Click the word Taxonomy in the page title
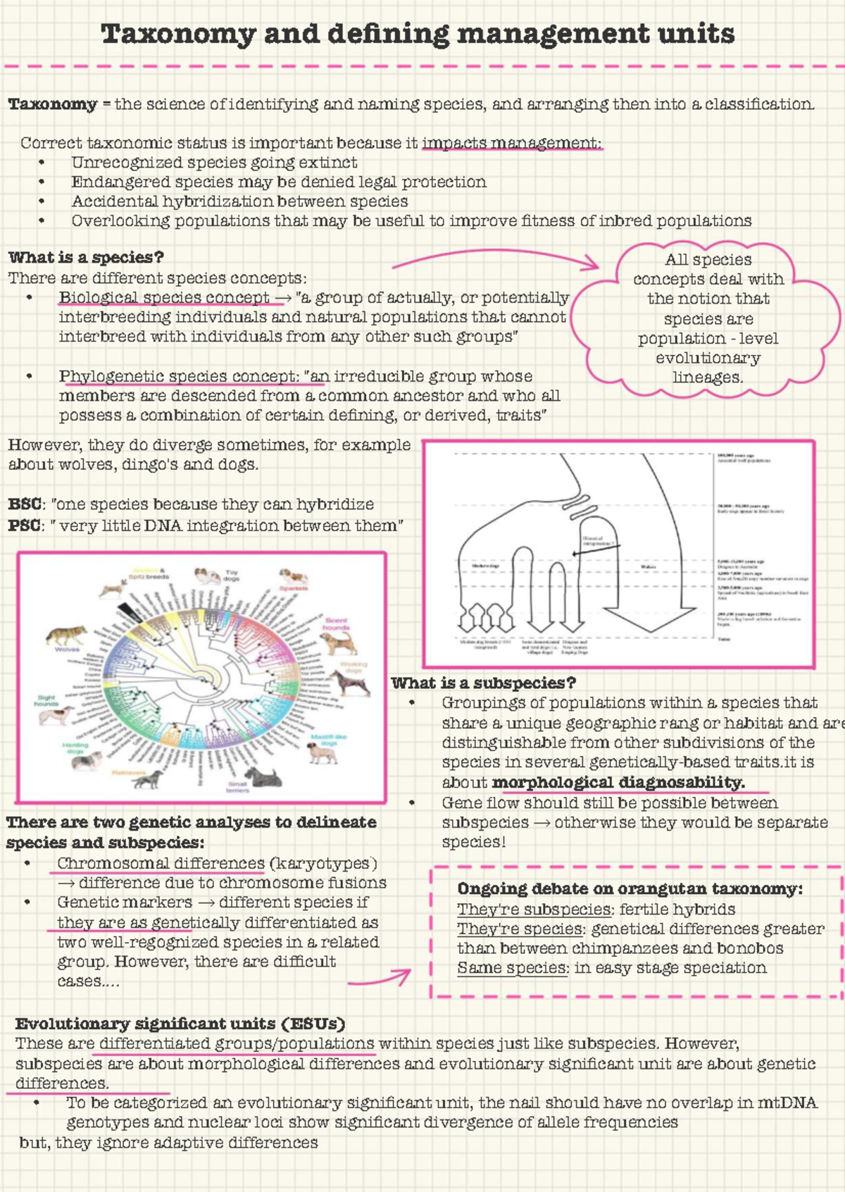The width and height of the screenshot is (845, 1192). (x=178, y=34)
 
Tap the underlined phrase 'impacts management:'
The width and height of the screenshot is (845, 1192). (x=512, y=143)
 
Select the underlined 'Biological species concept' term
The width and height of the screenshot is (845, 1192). (x=164, y=297)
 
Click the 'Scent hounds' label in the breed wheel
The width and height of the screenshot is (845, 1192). (x=337, y=624)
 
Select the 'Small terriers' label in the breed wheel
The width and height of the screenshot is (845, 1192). (x=238, y=787)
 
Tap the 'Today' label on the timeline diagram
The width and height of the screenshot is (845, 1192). (x=723, y=639)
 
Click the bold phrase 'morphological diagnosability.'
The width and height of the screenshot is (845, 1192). (x=618, y=782)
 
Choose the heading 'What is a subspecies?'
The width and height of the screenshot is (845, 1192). (x=484, y=683)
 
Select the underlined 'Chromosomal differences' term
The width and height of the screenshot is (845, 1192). (x=161, y=863)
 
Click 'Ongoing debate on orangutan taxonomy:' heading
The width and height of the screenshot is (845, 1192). (x=630, y=888)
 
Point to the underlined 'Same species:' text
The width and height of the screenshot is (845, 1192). (x=513, y=968)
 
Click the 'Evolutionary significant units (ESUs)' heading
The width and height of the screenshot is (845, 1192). (x=180, y=1024)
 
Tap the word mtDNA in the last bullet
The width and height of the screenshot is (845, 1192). (x=787, y=1103)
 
